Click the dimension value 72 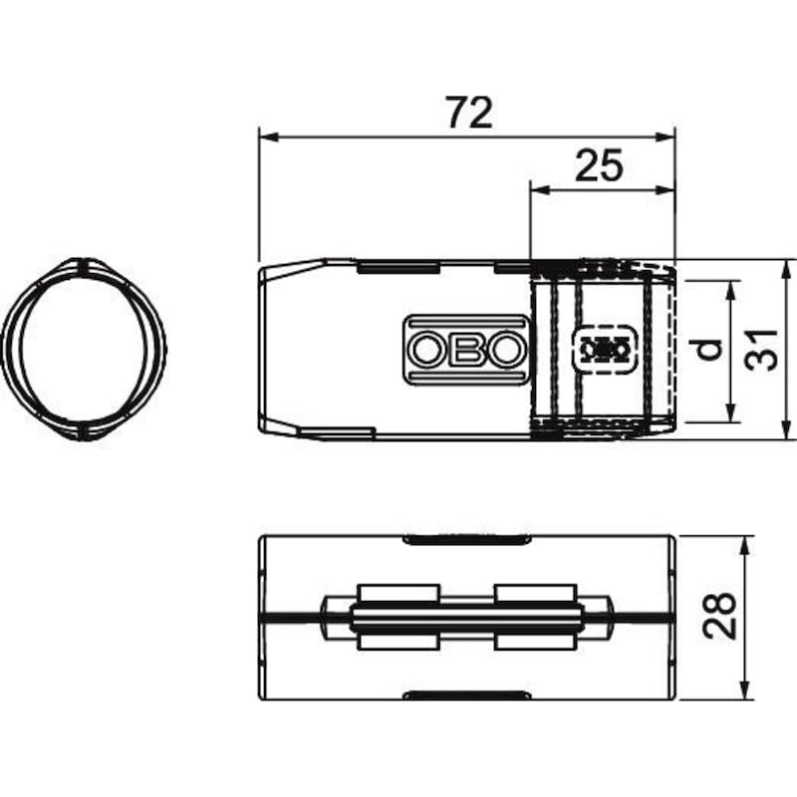click(x=469, y=113)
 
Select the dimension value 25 click(x=599, y=165)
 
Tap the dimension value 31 click(x=761, y=350)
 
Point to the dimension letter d click(x=706, y=350)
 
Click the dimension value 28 click(x=719, y=616)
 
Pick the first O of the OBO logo click(x=427, y=350)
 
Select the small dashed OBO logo click(x=604, y=350)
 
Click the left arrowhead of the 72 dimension click(x=269, y=136)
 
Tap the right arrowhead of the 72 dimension click(x=664, y=136)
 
